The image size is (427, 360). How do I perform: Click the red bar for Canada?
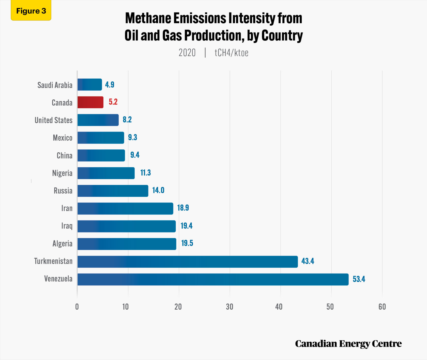(90, 102)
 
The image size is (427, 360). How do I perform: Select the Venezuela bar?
(213, 279)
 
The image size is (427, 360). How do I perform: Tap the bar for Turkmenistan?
(187, 262)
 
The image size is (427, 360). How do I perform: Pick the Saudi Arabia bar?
(89, 85)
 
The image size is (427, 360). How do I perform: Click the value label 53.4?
(359, 279)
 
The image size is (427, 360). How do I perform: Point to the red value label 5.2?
(113, 102)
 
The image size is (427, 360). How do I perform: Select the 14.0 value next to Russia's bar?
(158, 190)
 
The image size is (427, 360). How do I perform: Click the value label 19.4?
(186, 226)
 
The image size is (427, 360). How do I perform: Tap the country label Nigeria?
(62, 173)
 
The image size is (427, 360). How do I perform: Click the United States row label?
(54, 120)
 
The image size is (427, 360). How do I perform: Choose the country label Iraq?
(67, 226)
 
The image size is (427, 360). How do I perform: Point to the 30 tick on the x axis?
(230, 307)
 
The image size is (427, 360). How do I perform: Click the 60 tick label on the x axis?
(382, 307)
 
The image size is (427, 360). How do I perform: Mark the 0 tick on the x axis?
(77, 307)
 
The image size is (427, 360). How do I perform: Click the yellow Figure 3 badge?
(31, 11)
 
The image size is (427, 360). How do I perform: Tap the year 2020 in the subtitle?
(187, 53)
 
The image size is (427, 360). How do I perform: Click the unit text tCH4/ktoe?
(231, 53)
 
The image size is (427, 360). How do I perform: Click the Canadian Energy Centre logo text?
(348, 344)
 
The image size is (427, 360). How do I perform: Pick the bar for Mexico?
(101, 138)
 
